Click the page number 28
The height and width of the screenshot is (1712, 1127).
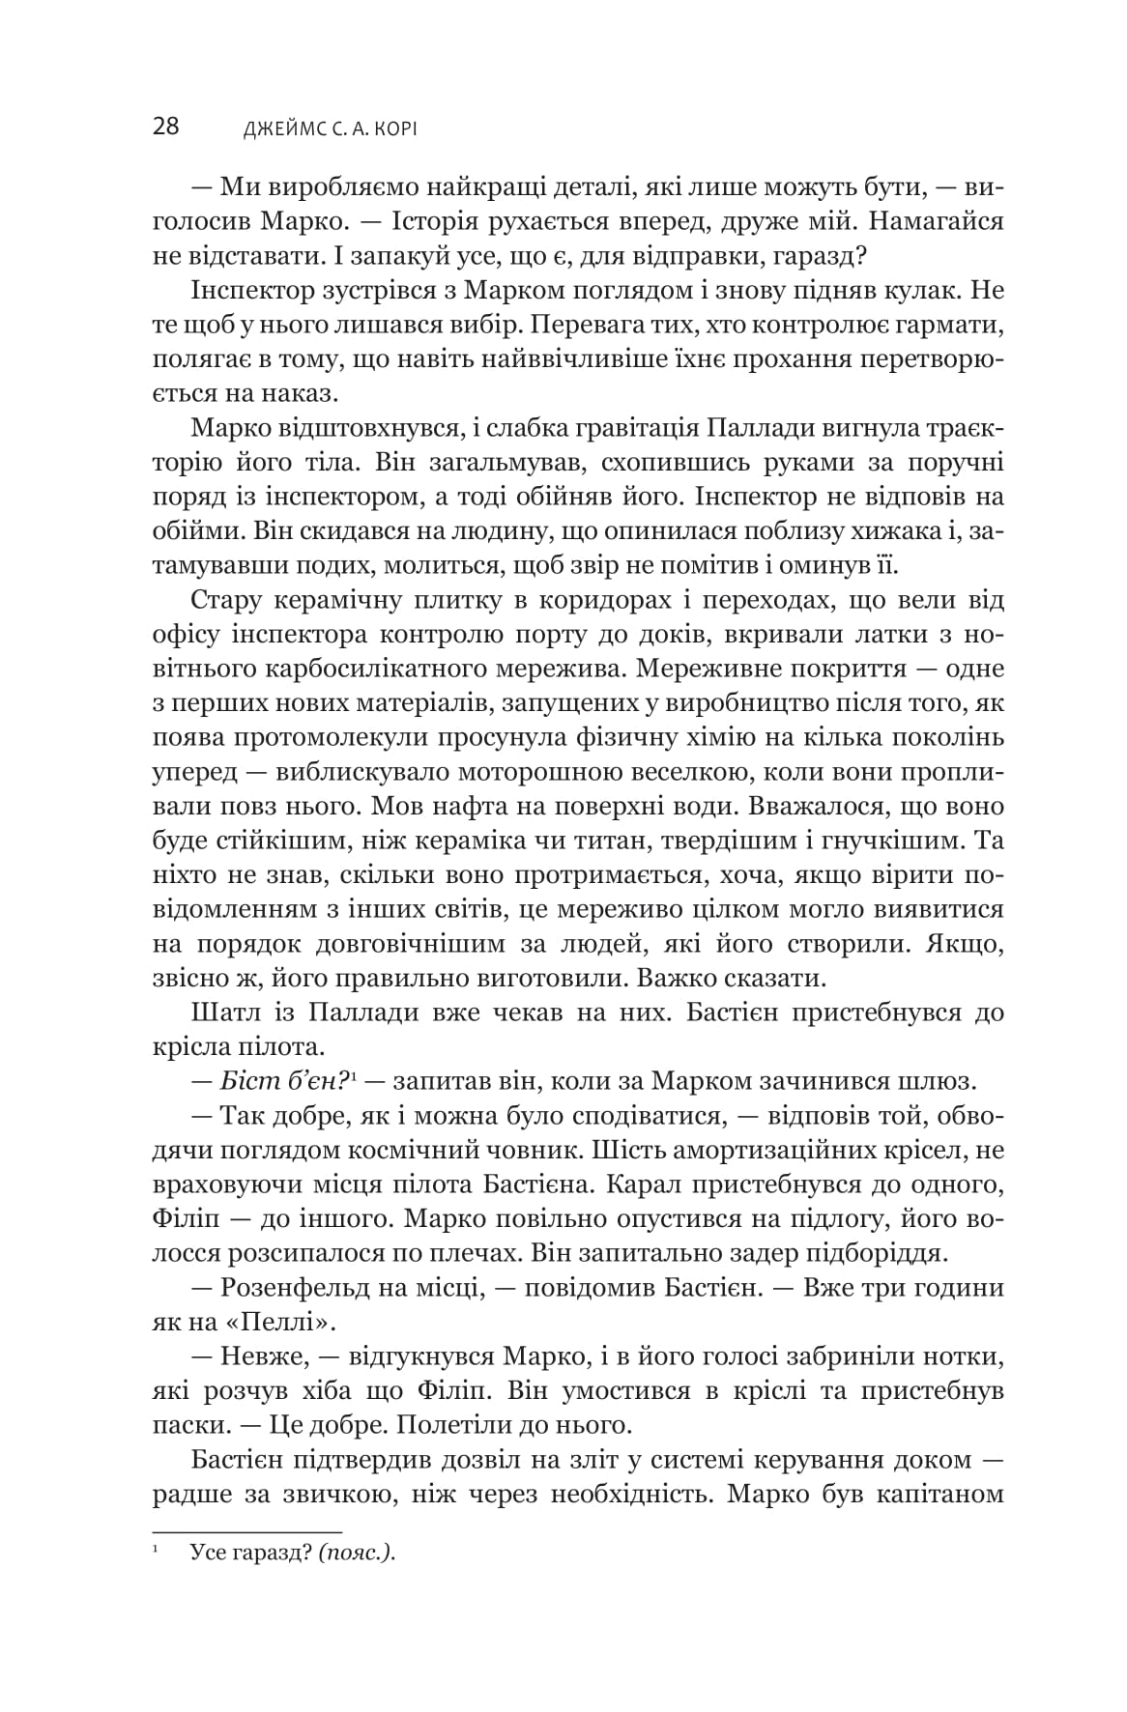(165, 127)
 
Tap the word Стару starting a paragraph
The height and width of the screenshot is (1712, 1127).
(228, 600)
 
